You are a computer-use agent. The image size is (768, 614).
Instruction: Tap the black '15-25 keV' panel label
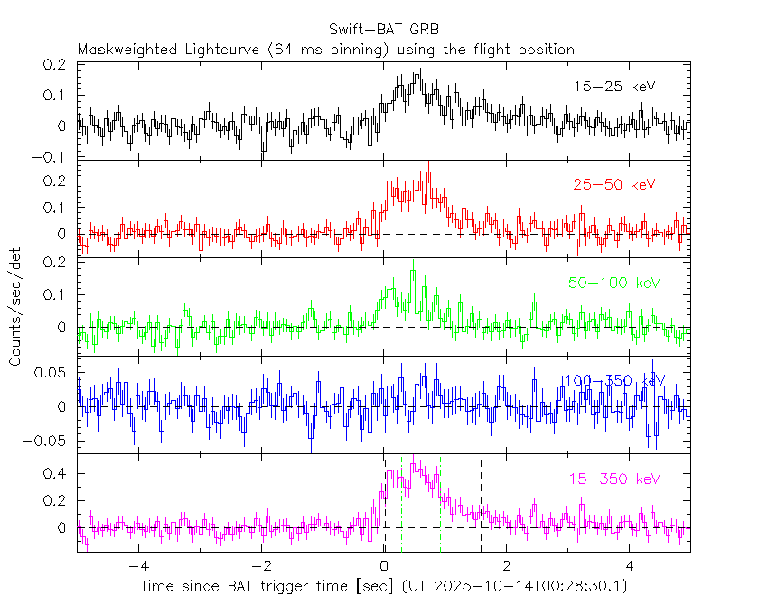coord(614,87)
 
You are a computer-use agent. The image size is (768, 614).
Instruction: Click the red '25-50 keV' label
coord(614,185)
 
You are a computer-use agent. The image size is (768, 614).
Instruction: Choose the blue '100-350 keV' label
coord(614,381)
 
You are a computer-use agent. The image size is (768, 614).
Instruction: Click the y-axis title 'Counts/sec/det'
coord(15,308)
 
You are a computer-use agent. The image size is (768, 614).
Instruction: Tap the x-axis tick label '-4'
coord(136,566)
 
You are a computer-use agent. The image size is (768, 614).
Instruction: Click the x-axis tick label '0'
coord(385,566)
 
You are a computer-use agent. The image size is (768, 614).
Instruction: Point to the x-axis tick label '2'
coord(508,566)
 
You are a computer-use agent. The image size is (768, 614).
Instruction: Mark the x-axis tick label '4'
coord(631,566)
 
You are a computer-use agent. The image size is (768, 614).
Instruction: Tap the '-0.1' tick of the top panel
coord(53,157)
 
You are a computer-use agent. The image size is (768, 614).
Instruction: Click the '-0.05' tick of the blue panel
coord(50,442)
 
